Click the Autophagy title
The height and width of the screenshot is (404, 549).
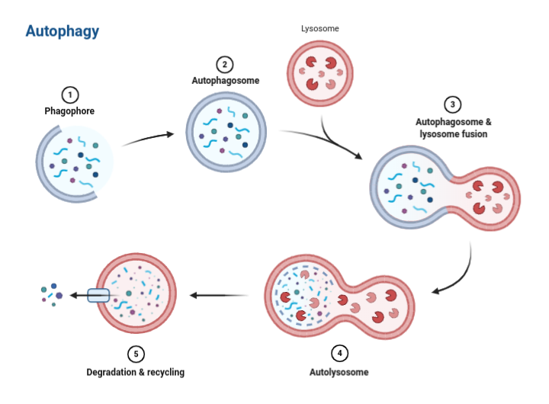pyautogui.click(x=62, y=31)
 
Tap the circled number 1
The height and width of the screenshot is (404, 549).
pyautogui.click(x=69, y=95)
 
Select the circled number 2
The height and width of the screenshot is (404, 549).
pyautogui.click(x=224, y=64)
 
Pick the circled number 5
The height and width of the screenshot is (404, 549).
pyautogui.click(x=135, y=354)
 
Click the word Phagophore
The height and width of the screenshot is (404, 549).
pyautogui.click(x=69, y=111)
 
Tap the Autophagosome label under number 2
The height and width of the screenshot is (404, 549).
pyautogui.click(x=225, y=80)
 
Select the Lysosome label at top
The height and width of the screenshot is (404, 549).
pyautogui.click(x=320, y=29)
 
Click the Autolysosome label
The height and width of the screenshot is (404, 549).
pyautogui.click(x=339, y=373)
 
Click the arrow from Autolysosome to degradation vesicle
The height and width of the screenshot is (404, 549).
pyautogui.click(x=220, y=295)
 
